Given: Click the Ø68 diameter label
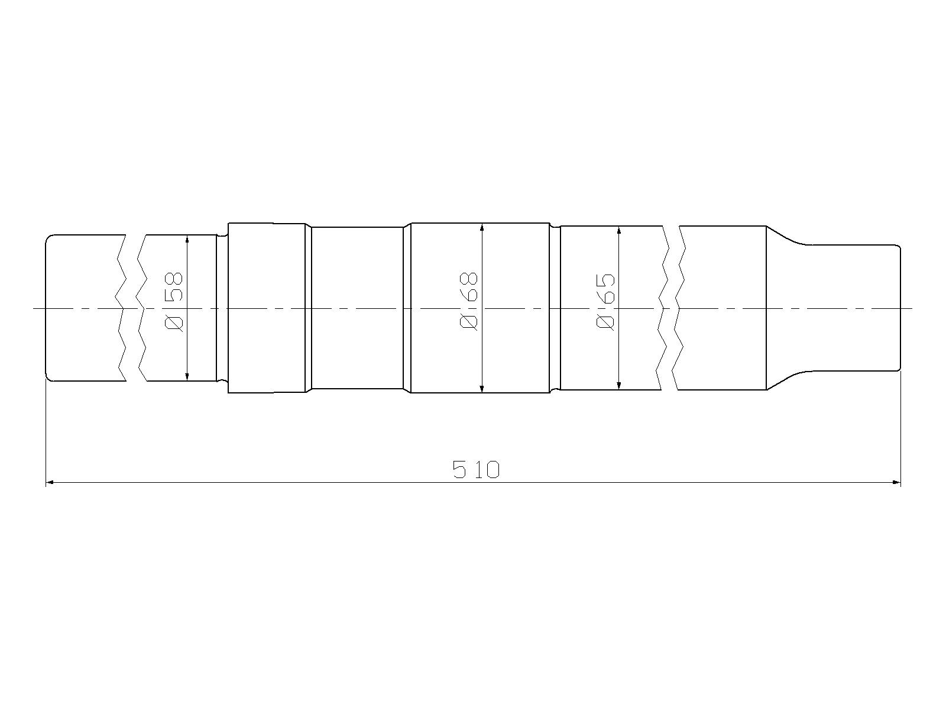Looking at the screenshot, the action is click(x=469, y=301).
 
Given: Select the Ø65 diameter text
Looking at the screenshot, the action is click(x=606, y=302).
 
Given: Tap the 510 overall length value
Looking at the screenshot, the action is click(x=476, y=469).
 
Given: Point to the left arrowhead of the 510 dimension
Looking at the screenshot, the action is click(x=50, y=482).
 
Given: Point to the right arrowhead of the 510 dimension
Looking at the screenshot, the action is click(x=896, y=482).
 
